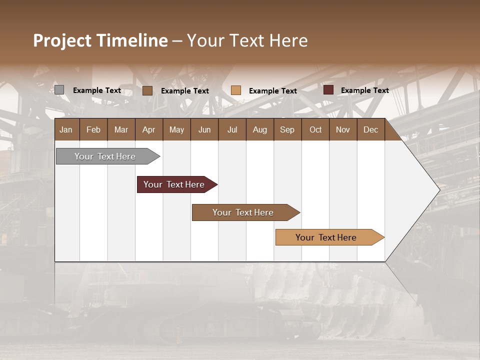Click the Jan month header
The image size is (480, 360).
66,129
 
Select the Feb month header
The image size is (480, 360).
93,129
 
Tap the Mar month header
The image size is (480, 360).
121,129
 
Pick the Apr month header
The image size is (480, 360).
149,129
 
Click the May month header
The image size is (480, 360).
176,129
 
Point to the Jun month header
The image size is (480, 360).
204,129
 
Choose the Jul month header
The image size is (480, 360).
232,129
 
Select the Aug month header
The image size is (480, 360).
260,129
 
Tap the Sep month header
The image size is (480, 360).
287,129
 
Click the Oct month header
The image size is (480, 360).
315,129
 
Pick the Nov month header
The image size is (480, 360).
343,129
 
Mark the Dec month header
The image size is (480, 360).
371,129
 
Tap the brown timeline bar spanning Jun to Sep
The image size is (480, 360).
243,212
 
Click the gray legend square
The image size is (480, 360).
59,90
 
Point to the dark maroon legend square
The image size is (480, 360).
328,90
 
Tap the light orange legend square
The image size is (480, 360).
236,90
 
